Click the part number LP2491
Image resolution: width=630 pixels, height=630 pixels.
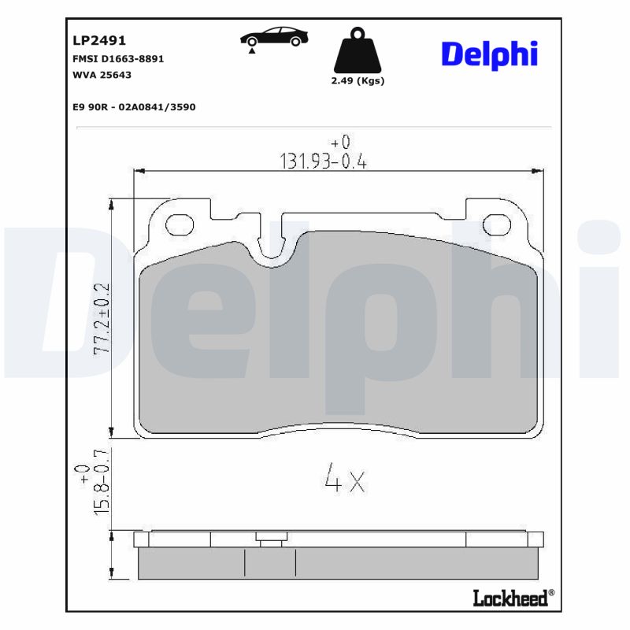(99, 41)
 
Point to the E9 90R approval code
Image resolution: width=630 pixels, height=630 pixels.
(133, 106)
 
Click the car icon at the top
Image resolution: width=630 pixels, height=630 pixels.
(275, 36)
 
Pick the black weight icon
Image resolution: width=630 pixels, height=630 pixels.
(358, 52)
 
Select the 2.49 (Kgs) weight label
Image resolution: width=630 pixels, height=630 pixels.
(358, 81)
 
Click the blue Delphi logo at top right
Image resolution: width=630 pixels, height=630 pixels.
(489, 54)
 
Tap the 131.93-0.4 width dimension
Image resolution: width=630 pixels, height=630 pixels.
(324, 161)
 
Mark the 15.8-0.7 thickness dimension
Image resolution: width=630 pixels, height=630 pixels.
(101, 483)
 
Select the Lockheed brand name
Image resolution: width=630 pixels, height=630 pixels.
(510, 598)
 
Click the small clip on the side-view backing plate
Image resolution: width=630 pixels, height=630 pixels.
(269, 538)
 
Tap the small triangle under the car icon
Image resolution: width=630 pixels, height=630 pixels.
(251, 50)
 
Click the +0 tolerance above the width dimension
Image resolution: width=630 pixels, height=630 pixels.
(340, 143)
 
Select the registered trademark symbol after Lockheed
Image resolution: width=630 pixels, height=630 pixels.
(551, 593)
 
